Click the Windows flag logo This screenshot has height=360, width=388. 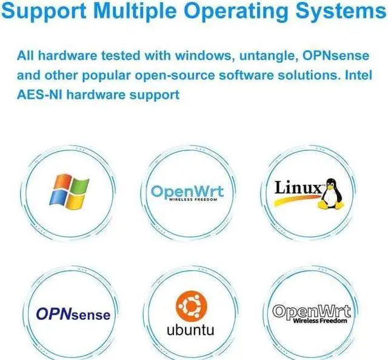click(x=69, y=190)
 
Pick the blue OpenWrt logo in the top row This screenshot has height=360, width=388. click(x=187, y=193)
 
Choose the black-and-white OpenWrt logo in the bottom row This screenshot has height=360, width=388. click(x=312, y=313)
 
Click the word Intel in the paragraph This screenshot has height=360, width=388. click(x=355, y=76)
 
